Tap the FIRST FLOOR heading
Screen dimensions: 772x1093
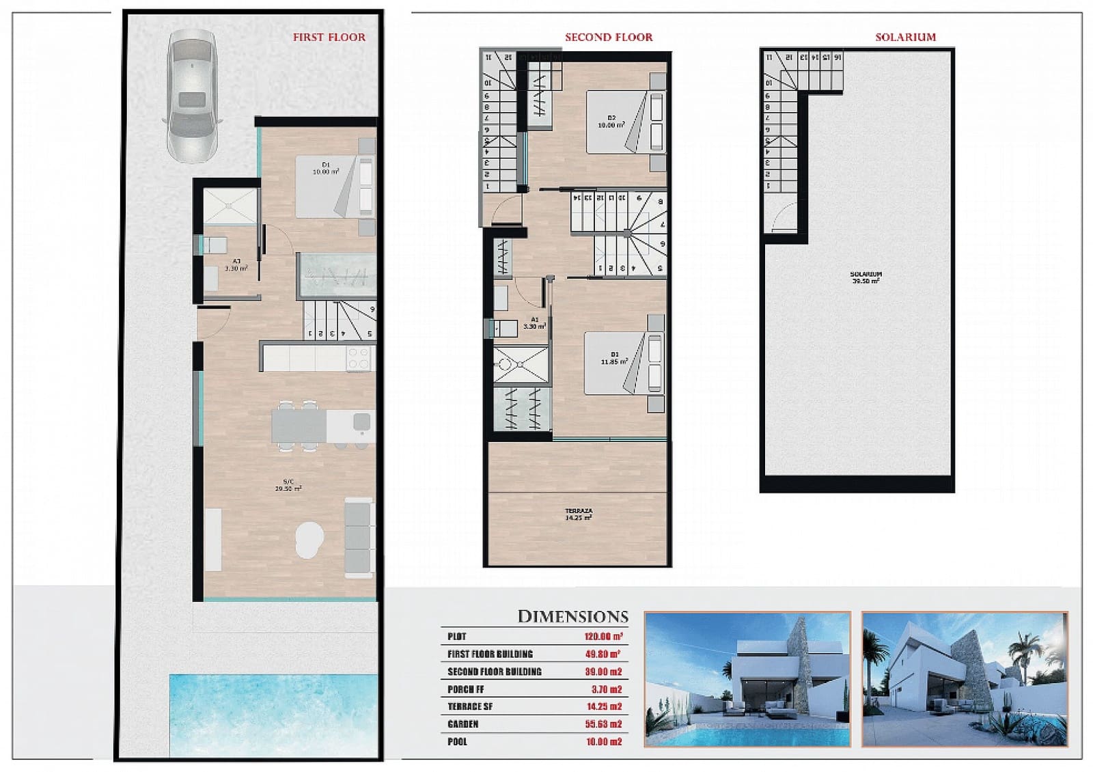[x=329, y=38]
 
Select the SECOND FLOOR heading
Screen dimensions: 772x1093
[x=608, y=38]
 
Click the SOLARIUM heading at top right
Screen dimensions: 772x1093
[x=905, y=38]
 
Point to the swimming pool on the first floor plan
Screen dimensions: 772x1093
[x=273, y=713]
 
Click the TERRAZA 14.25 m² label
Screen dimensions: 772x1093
[x=578, y=514]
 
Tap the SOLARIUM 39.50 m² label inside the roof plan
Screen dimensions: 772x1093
[x=866, y=277]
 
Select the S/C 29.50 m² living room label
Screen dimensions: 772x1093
[x=288, y=485]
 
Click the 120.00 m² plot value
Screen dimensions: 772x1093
[x=603, y=637]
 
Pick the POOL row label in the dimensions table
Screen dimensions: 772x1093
[x=457, y=742]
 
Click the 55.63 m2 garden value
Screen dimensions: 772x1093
[x=603, y=724]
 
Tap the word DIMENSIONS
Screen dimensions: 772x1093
[x=572, y=617]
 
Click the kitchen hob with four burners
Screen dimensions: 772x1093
[x=359, y=358]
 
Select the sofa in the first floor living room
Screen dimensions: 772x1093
[x=359, y=538]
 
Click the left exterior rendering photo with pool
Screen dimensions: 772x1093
[x=747, y=678]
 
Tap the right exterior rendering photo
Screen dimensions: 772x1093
[x=965, y=678]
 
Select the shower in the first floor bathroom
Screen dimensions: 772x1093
[x=230, y=206]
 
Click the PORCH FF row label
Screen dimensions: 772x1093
[x=465, y=689]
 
